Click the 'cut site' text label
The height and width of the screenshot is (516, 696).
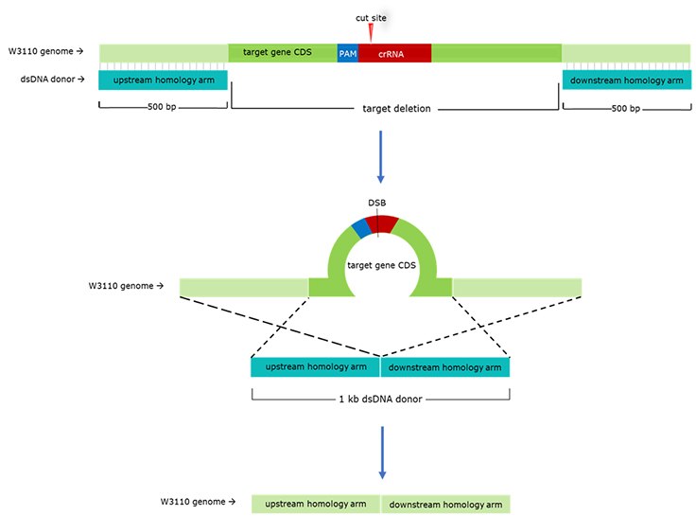pyautogui.click(x=371, y=17)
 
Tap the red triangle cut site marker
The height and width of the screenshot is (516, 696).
pyautogui.click(x=371, y=32)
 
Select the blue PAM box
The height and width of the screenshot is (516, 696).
pyautogui.click(x=347, y=54)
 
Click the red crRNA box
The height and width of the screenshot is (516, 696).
pyautogui.click(x=394, y=54)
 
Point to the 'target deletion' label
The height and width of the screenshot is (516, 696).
pyautogui.click(x=396, y=109)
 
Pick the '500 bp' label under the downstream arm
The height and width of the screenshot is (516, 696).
pyautogui.click(x=626, y=109)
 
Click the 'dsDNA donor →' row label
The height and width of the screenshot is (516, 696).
pyautogui.click(x=47, y=80)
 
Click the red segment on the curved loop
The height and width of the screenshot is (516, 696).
pyautogui.click(x=382, y=222)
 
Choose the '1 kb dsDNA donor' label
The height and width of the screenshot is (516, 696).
pyautogui.click(x=379, y=399)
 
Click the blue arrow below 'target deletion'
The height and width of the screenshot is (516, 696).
pyautogui.click(x=380, y=156)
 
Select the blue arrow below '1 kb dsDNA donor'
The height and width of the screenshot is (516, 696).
pyautogui.click(x=380, y=449)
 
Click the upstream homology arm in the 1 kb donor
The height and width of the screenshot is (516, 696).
pyautogui.click(x=315, y=367)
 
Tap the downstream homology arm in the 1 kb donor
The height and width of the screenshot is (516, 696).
pyautogui.click(x=445, y=367)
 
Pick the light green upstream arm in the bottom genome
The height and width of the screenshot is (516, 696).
pyautogui.click(x=316, y=504)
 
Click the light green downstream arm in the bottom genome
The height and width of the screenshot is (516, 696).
pyautogui.click(x=445, y=504)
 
